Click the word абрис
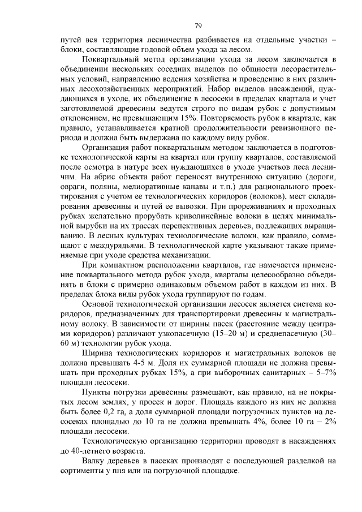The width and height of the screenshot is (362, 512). click(106, 177)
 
